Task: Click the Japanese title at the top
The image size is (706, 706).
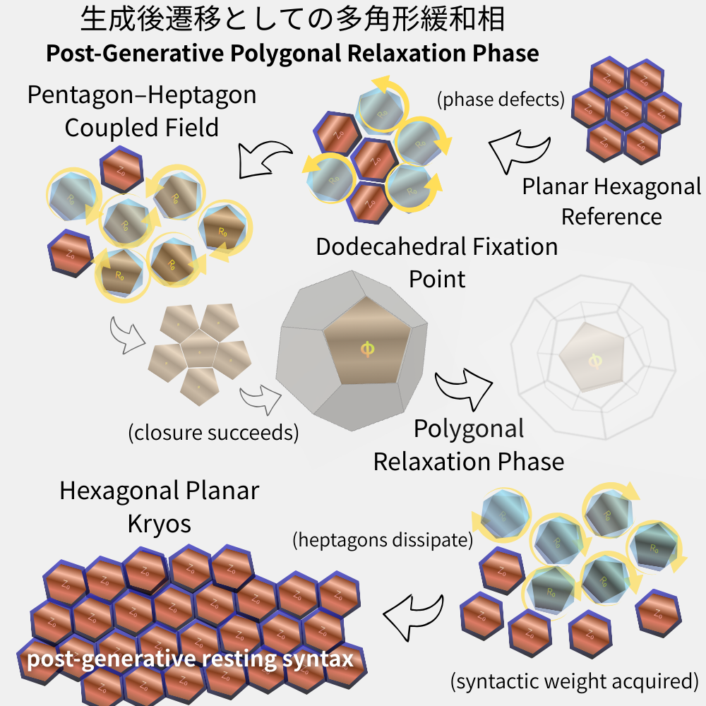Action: pyautogui.click(x=292, y=20)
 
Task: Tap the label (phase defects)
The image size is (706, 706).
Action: pyautogui.click(x=501, y=100)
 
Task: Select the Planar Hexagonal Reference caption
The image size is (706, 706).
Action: pyautogui.click(x=611, y=201)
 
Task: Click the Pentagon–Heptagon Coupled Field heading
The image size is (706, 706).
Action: pyautogui.click(x=141, y=111)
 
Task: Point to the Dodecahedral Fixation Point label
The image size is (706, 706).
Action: pyautogui.click(x=436, y=262)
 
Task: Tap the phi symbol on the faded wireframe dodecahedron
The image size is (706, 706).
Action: pyautogui.click(x=594, y=361)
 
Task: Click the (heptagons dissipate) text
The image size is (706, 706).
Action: pyautogui.click(x=382, y=541)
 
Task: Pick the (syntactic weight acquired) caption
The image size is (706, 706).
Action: pyautogui.click(x=574, y=681)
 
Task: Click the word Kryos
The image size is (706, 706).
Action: pyautogui.click(x=159, y=523)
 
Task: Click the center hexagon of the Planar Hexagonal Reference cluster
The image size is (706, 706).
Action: pyautogui.click(x=626, y=110)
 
